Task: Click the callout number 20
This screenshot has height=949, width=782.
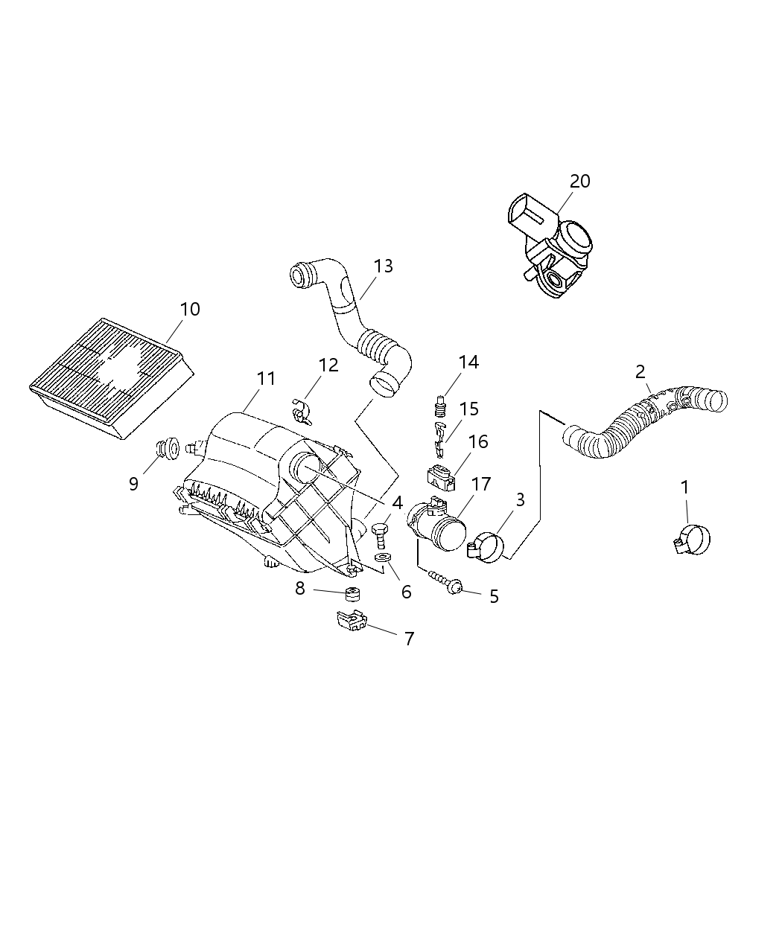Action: pos(579,181)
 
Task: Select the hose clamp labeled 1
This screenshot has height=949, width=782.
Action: pos(692,540)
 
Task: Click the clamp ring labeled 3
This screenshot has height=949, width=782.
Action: pos(488,547)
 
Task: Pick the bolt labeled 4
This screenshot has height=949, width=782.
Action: pos(380,533)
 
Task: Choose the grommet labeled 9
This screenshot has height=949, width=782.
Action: pos(167,447)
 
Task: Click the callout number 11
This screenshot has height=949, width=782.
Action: pos(266,378)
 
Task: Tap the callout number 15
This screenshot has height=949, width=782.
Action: pos(468,409)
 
